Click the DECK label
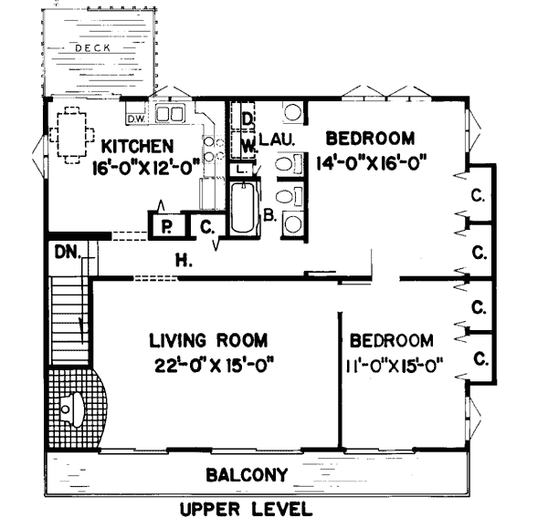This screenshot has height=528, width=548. tap(93, 48)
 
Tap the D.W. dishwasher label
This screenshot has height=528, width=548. tap(136, 119)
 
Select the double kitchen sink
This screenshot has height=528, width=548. tap(170, 114)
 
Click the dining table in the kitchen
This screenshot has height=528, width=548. tap(72, 134)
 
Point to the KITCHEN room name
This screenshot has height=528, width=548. tap(137, 147)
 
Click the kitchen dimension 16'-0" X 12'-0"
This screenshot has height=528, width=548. tap(146, 168)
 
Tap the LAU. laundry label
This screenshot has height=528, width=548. tap(279, 140)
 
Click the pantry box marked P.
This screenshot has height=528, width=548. tap(167, 225)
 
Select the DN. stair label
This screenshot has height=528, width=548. tap(68, 252)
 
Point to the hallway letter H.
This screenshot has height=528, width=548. tap(184, 260)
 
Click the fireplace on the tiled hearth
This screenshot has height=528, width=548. tap(72, 409)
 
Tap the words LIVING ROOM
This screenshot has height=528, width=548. tap(208, 340)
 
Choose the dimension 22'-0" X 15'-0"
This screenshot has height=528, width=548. tap(213, 366)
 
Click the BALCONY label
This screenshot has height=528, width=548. tap(247, 475)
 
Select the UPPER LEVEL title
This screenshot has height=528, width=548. tap(246, 509)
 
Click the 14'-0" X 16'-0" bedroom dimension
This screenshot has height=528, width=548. tap(372, 163)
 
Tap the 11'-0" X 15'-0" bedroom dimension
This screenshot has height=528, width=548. tap(395, 367)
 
